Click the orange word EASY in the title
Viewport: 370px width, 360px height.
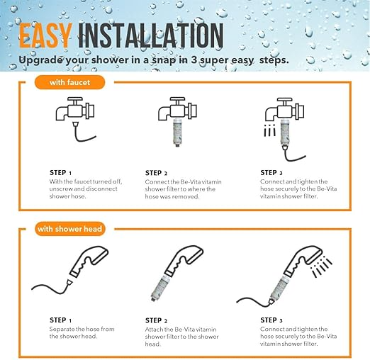45,35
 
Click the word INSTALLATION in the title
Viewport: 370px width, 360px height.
151,35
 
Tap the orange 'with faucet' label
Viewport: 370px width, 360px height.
69,82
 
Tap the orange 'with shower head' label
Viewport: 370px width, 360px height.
69,229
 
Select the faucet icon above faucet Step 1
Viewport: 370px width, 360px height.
75,108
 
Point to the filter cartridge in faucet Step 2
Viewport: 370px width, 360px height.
177,133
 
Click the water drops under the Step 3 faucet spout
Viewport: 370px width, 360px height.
269,130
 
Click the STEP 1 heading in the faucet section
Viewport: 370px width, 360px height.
60,173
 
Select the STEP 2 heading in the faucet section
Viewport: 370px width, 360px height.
156,173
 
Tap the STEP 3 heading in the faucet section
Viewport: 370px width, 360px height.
271,173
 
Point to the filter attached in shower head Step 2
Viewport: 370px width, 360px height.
160,288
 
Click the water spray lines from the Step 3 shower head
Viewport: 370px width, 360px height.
321,267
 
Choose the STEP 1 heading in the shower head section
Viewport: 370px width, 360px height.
60,320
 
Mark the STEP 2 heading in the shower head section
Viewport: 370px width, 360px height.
156,320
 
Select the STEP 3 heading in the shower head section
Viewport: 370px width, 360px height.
271,320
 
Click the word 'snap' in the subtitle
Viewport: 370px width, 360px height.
164,60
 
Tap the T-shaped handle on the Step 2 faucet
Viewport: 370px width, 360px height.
177,101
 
